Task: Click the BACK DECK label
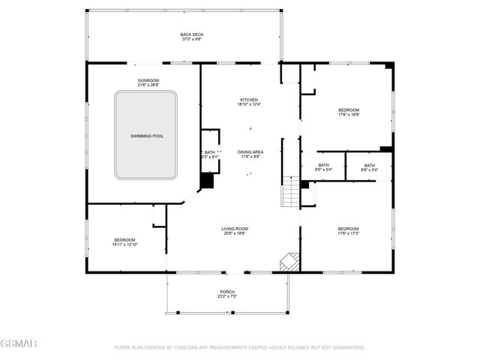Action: pos(191,34)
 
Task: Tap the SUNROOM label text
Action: pos(148,80)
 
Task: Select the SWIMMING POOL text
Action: pos(146,136)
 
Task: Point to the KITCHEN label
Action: pos(249,100)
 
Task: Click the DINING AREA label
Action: pos(250,151)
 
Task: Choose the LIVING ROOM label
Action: pos(234,229)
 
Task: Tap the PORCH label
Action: pos(227,292)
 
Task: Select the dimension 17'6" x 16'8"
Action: pos(349,115)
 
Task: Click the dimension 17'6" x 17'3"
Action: pos(349,233)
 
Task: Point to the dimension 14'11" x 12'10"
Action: pos(124,244)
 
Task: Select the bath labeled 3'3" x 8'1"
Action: pos(209,157)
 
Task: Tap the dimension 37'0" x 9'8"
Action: pos(191,39)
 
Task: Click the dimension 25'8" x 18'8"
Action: pos(234,233)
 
